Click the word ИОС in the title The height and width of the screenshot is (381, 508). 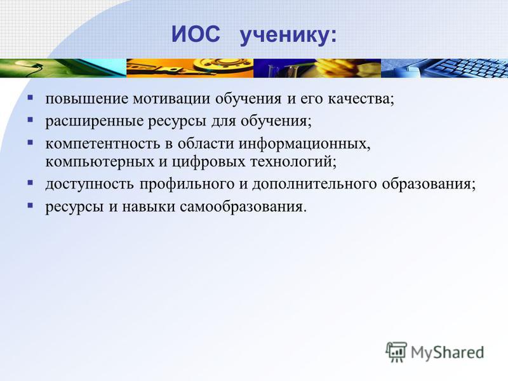coord(196,34)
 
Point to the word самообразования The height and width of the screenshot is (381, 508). coord(241,207)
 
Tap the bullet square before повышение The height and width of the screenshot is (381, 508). coord(30,97)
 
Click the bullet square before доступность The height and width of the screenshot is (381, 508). coord(30,182)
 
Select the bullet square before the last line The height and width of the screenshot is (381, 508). coord(30,205)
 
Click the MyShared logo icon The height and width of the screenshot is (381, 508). coord(396,352)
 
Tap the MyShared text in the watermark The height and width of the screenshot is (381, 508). coord(448,352)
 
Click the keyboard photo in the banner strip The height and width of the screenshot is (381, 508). coord(444,68)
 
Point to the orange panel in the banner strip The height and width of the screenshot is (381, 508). coord(190,68)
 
